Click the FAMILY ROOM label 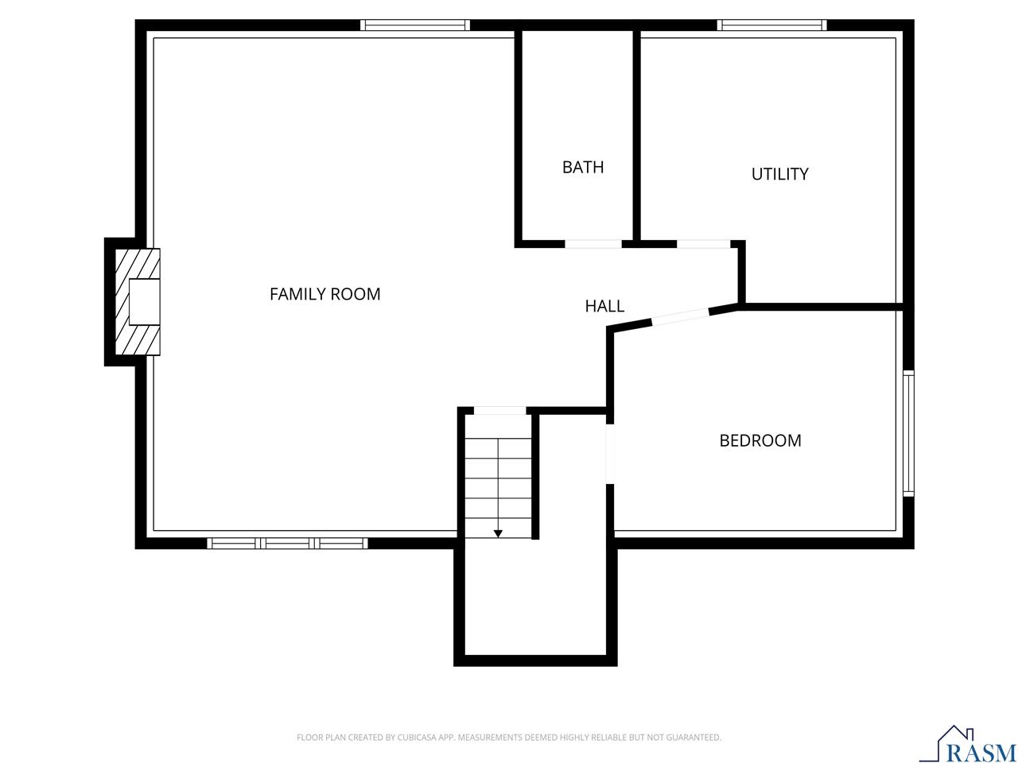(x=324, y=294)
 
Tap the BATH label (x=583, y=167)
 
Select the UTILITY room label (x=779, y=174)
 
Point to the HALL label (x=604, y=306)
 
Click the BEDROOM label (x=760, y=440)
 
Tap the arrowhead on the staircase (x=498, y=533)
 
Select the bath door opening (x=593, y=243)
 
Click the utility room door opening (x=703, y=243)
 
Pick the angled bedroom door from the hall (x=680, y=316)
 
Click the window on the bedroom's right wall (x=908, y=433)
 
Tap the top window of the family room (x=414, y=25)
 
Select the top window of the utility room (x=771, y=25)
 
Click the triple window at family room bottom (x=287, y=544)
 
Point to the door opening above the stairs (x=499, y=411)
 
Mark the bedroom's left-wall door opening (x=610, y=455)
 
